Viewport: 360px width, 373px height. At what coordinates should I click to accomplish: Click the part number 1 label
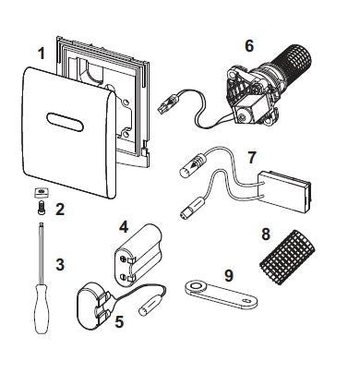tap(42, 54)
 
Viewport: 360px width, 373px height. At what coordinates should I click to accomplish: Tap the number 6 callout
tap(249, 46)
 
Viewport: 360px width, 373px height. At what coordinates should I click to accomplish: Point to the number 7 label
tap(252, 157)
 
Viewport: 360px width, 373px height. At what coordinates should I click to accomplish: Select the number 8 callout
tap(266, 234)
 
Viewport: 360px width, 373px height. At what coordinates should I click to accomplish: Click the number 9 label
tap(229, 275)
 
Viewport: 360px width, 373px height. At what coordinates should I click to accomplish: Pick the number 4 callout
tap(124, 227)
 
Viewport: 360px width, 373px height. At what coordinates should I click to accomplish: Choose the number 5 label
tap(119, 321)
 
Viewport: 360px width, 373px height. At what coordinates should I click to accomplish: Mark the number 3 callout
tap(60, 264)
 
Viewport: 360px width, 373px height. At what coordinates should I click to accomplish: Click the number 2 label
tap(60, 210)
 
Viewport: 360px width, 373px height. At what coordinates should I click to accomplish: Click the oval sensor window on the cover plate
tap(66, 122)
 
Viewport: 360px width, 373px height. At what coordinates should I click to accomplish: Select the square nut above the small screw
tap(42, 193)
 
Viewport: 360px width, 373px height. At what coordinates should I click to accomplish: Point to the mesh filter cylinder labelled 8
tap(287, 258)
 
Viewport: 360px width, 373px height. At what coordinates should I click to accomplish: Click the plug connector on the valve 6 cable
tap(167, 104)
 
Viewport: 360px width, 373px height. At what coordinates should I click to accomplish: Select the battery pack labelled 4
tap(138, 256)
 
